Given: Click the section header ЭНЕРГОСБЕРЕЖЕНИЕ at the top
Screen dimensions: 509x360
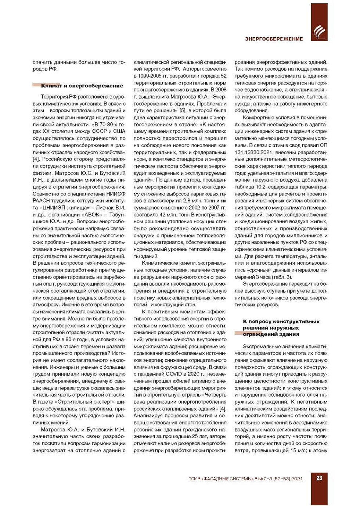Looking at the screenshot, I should (x=274, y=39).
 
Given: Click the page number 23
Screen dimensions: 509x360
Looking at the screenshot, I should (x=319, y=478).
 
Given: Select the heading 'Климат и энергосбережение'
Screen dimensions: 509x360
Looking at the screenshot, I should (x=82, y=86).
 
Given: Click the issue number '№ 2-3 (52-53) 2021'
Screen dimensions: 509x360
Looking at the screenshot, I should (x=281, y=478).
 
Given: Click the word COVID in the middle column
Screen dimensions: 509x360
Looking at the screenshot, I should (x=174, y=374).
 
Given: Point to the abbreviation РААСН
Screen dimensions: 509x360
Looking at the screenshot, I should (x=41, y=201).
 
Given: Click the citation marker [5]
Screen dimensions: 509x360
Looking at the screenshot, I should (x=183, y=110).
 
